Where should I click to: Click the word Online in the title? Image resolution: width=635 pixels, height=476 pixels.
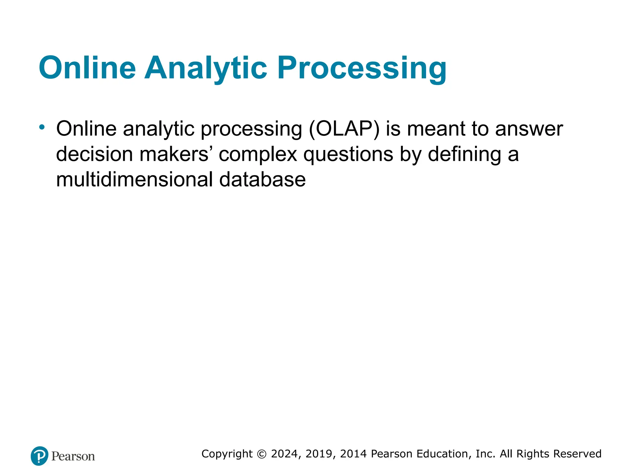click(87, 68)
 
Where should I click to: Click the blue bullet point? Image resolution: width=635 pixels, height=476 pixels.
click(42, 127)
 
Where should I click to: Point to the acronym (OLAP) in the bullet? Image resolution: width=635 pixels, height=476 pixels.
click(344, 129)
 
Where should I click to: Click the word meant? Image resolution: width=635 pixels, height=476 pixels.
click(436, 129)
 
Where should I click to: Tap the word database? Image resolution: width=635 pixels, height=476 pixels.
click(262, 180)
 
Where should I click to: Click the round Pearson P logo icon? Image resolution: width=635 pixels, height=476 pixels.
click(39, 456)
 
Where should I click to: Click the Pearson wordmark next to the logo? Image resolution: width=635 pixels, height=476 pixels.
click(73, 456)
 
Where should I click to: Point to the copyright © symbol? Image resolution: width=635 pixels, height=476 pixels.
click(262, 454)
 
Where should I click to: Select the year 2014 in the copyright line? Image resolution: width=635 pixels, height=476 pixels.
click(353, 454)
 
